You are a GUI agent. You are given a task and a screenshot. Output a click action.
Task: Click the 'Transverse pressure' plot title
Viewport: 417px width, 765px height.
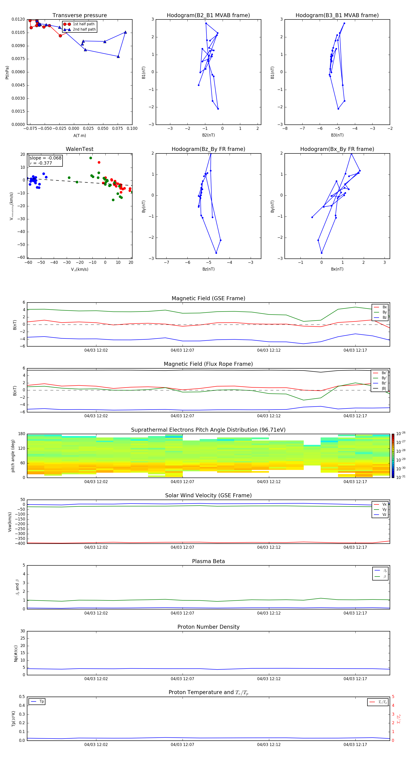pyautogui.click(x=79, y=16)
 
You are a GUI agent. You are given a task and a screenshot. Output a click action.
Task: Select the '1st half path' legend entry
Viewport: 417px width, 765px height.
pyautogui.click(x=83, y=24)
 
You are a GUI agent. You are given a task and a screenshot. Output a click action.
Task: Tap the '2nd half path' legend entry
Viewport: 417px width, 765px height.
pyautogui.click(x=84, y=29)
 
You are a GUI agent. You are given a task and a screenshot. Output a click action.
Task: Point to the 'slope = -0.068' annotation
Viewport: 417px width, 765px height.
pyautogui.click(x=45, y=158)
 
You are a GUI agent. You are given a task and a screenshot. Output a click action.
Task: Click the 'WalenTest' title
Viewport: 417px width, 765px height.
pyautogui.click(x=79, y=149)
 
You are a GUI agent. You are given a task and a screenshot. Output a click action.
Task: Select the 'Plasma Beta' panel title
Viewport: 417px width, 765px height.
pyautogui.click(x=208, y=561)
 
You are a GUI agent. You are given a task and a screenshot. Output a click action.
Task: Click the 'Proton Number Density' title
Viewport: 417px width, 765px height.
pyautogui.click(x=208, y=627)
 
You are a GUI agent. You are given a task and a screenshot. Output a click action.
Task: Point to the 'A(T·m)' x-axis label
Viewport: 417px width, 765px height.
pyautogui.click(x=79, y=136)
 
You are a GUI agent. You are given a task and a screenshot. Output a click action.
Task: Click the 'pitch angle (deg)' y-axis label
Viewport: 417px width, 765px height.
pyautogui.click(x=13, y=456)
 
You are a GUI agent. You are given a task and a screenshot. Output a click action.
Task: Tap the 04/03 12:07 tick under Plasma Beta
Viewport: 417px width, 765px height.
pyautogui.click(x=182, y=613)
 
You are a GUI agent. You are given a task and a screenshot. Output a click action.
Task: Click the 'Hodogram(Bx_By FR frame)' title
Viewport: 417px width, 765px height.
pyautogui.click(x=337, y=149)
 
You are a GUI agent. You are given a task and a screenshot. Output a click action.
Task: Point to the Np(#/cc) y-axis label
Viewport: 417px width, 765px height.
pyautogui.click(x=16, y=653)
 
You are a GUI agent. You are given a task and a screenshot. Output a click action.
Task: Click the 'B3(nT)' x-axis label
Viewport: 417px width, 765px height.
pyautogui.click(x=337, y=135)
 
